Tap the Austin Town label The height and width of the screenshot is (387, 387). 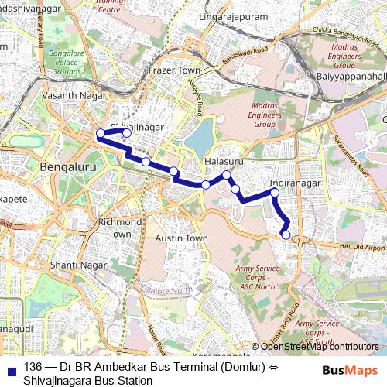tap(181, 238)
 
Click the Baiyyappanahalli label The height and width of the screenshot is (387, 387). tap(352, 77)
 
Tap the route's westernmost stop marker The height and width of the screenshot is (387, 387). tap(100, 135)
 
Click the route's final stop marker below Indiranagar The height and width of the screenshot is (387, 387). tap(286, 235)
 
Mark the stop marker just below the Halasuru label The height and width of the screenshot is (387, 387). tap(227, 175)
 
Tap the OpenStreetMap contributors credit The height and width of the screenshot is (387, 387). tap(319, 347)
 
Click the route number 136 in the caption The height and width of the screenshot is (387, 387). tap(33, 366)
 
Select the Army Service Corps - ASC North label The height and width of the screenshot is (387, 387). tap(255, 276)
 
